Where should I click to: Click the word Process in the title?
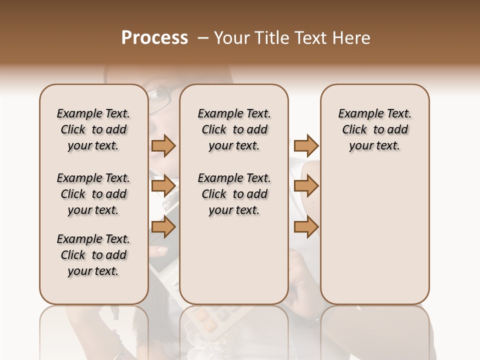tap(154, 38)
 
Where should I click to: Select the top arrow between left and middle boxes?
tap(163, 145)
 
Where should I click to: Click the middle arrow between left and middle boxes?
tap(163, 186)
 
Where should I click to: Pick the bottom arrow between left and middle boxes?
tap(163, 227)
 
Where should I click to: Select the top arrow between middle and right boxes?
tap(306, 145)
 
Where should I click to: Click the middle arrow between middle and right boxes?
tap(306, 186)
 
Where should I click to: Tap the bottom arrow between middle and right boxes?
tap(306, 227)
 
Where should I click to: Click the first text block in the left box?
tap(93, 129)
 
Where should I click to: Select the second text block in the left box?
tap(93, 194)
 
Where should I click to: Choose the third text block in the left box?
tap(93, 255)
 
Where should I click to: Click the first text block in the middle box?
tap(234, 129)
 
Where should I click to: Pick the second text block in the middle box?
tap(234, 194)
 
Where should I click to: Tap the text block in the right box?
tap(374, 129)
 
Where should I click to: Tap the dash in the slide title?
tap(202, 38)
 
